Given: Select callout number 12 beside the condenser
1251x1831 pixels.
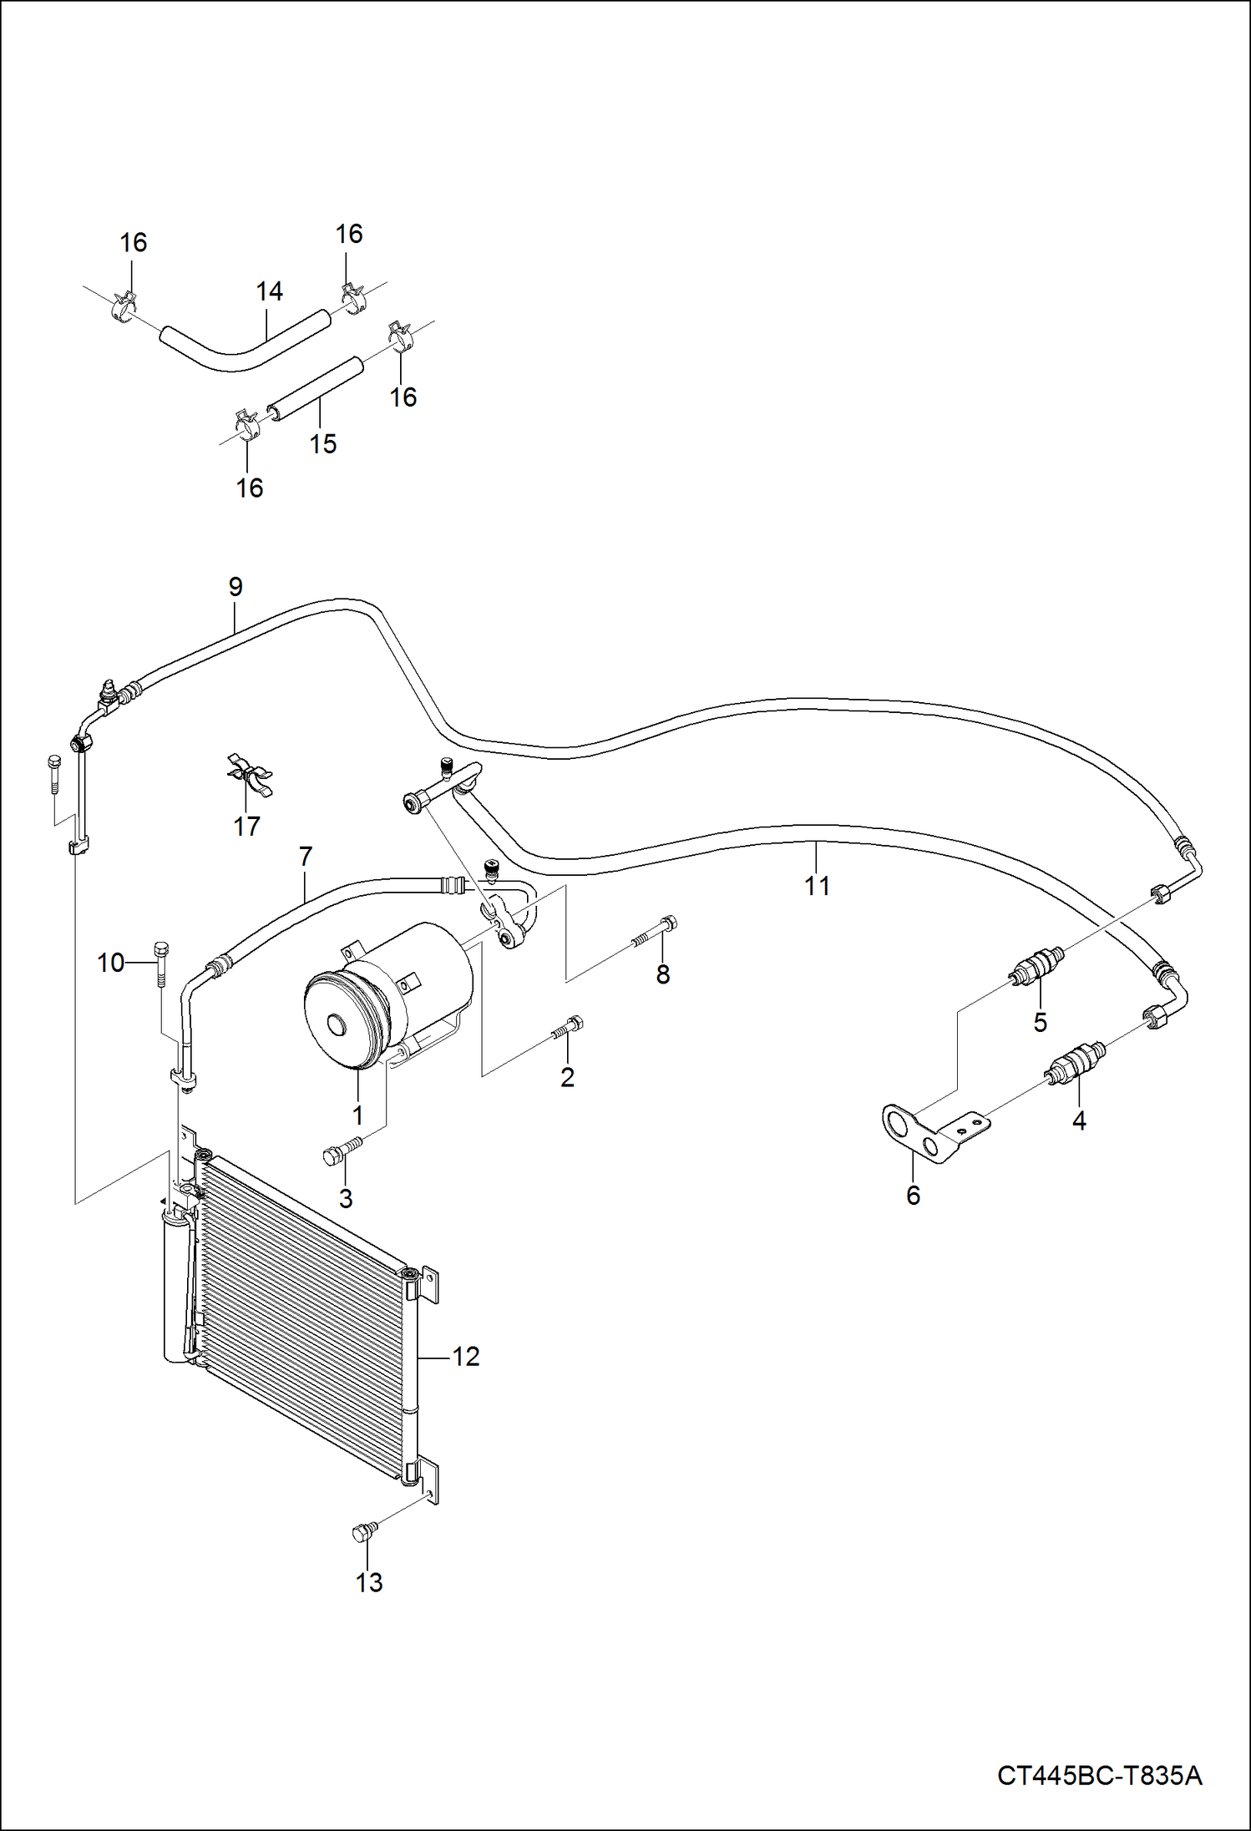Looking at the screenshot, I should pyautogui.click(x=466, y=1356).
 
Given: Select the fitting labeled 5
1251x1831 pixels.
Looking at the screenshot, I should pyautogui.click(x=1036, y=965).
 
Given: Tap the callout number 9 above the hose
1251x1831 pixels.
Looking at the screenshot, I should pyautogui.click(x=236, y=587).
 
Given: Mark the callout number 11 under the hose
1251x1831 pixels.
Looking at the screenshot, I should pyautogui.click(x=817, y=886).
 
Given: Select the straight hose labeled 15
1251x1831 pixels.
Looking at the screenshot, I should pyautogui.click(x=316, y=388).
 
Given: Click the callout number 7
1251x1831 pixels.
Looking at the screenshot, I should pyautogui.click(x=306, y=856).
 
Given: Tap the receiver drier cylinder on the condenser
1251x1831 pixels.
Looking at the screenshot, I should pyautogui.click(x=175, y=1287).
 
